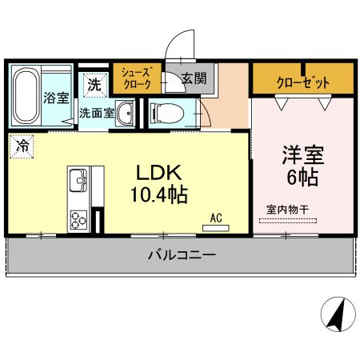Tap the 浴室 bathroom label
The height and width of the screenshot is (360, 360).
(56, 98)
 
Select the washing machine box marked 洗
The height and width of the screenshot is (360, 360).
(94, 82)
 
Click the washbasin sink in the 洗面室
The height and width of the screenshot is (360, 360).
(126, 115)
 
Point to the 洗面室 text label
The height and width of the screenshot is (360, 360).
(95, 114)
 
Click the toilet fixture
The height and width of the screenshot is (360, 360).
(162, 113)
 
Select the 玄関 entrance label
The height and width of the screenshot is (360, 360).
(194, 78)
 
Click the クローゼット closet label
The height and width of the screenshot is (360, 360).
(302, 82)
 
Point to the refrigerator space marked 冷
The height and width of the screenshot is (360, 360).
(22, 147)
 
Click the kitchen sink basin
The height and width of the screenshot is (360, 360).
(78, 180)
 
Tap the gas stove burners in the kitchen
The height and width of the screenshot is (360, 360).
(78, 218)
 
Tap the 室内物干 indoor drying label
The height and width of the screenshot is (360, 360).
(291, 210)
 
